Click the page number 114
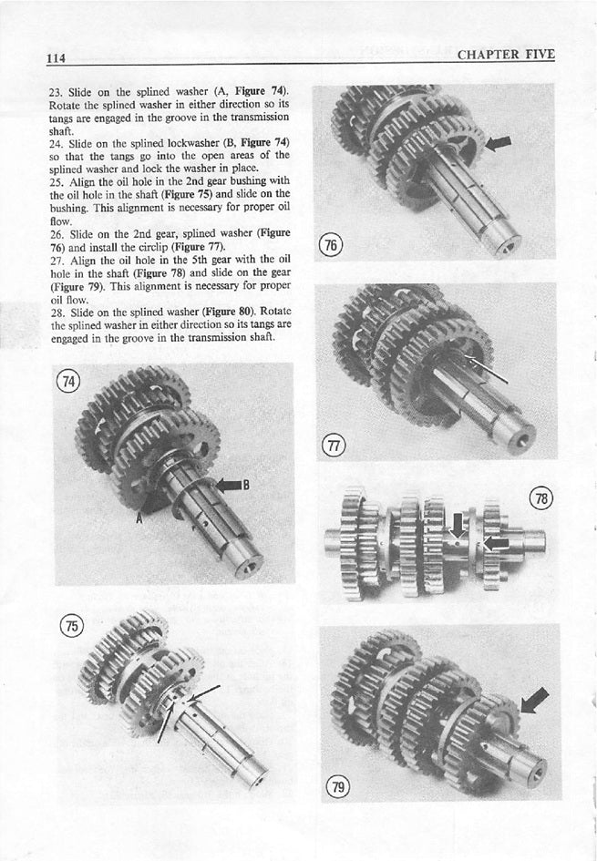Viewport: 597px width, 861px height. (x=60, y=56)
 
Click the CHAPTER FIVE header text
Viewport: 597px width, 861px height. (x=506, y=54)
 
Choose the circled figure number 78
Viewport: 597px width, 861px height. (x=540, y=499)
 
